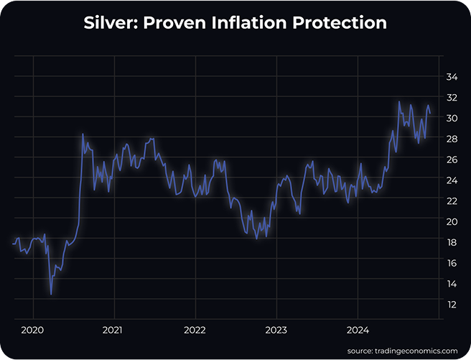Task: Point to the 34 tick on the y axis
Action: (x=452, y=76)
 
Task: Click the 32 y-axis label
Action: (x=452, y=97)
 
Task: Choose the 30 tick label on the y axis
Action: (x=452, y=118)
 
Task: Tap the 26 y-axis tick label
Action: (x=452, y=160)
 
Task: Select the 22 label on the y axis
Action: (x=452, y=201)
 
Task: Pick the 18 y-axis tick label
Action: (x=452, y=243)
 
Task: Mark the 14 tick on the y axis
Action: (x=452, y=285)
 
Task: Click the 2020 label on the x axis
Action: (x=32, y=331)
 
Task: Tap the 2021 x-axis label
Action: (x=113, y=331)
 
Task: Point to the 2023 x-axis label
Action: (x=276, y=331)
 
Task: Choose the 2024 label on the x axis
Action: (x=358, y=331)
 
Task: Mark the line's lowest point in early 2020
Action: (x=51, y=293)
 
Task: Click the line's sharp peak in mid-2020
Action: (x=83, y=134)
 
